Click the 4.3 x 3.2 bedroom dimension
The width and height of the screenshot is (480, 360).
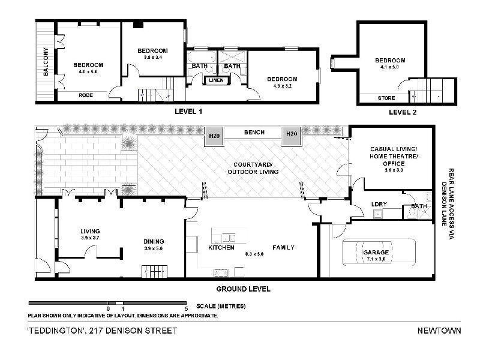coord(282,86)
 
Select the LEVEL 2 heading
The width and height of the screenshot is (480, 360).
coord(402,112)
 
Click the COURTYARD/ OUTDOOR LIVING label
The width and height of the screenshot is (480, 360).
coord(250,169)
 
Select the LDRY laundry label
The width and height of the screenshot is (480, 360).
coord(379,204)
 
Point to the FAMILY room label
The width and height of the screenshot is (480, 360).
coord(285,247)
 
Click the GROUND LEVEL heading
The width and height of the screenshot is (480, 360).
coord(243,289)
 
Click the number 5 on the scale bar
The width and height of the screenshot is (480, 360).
coord(187,308)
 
